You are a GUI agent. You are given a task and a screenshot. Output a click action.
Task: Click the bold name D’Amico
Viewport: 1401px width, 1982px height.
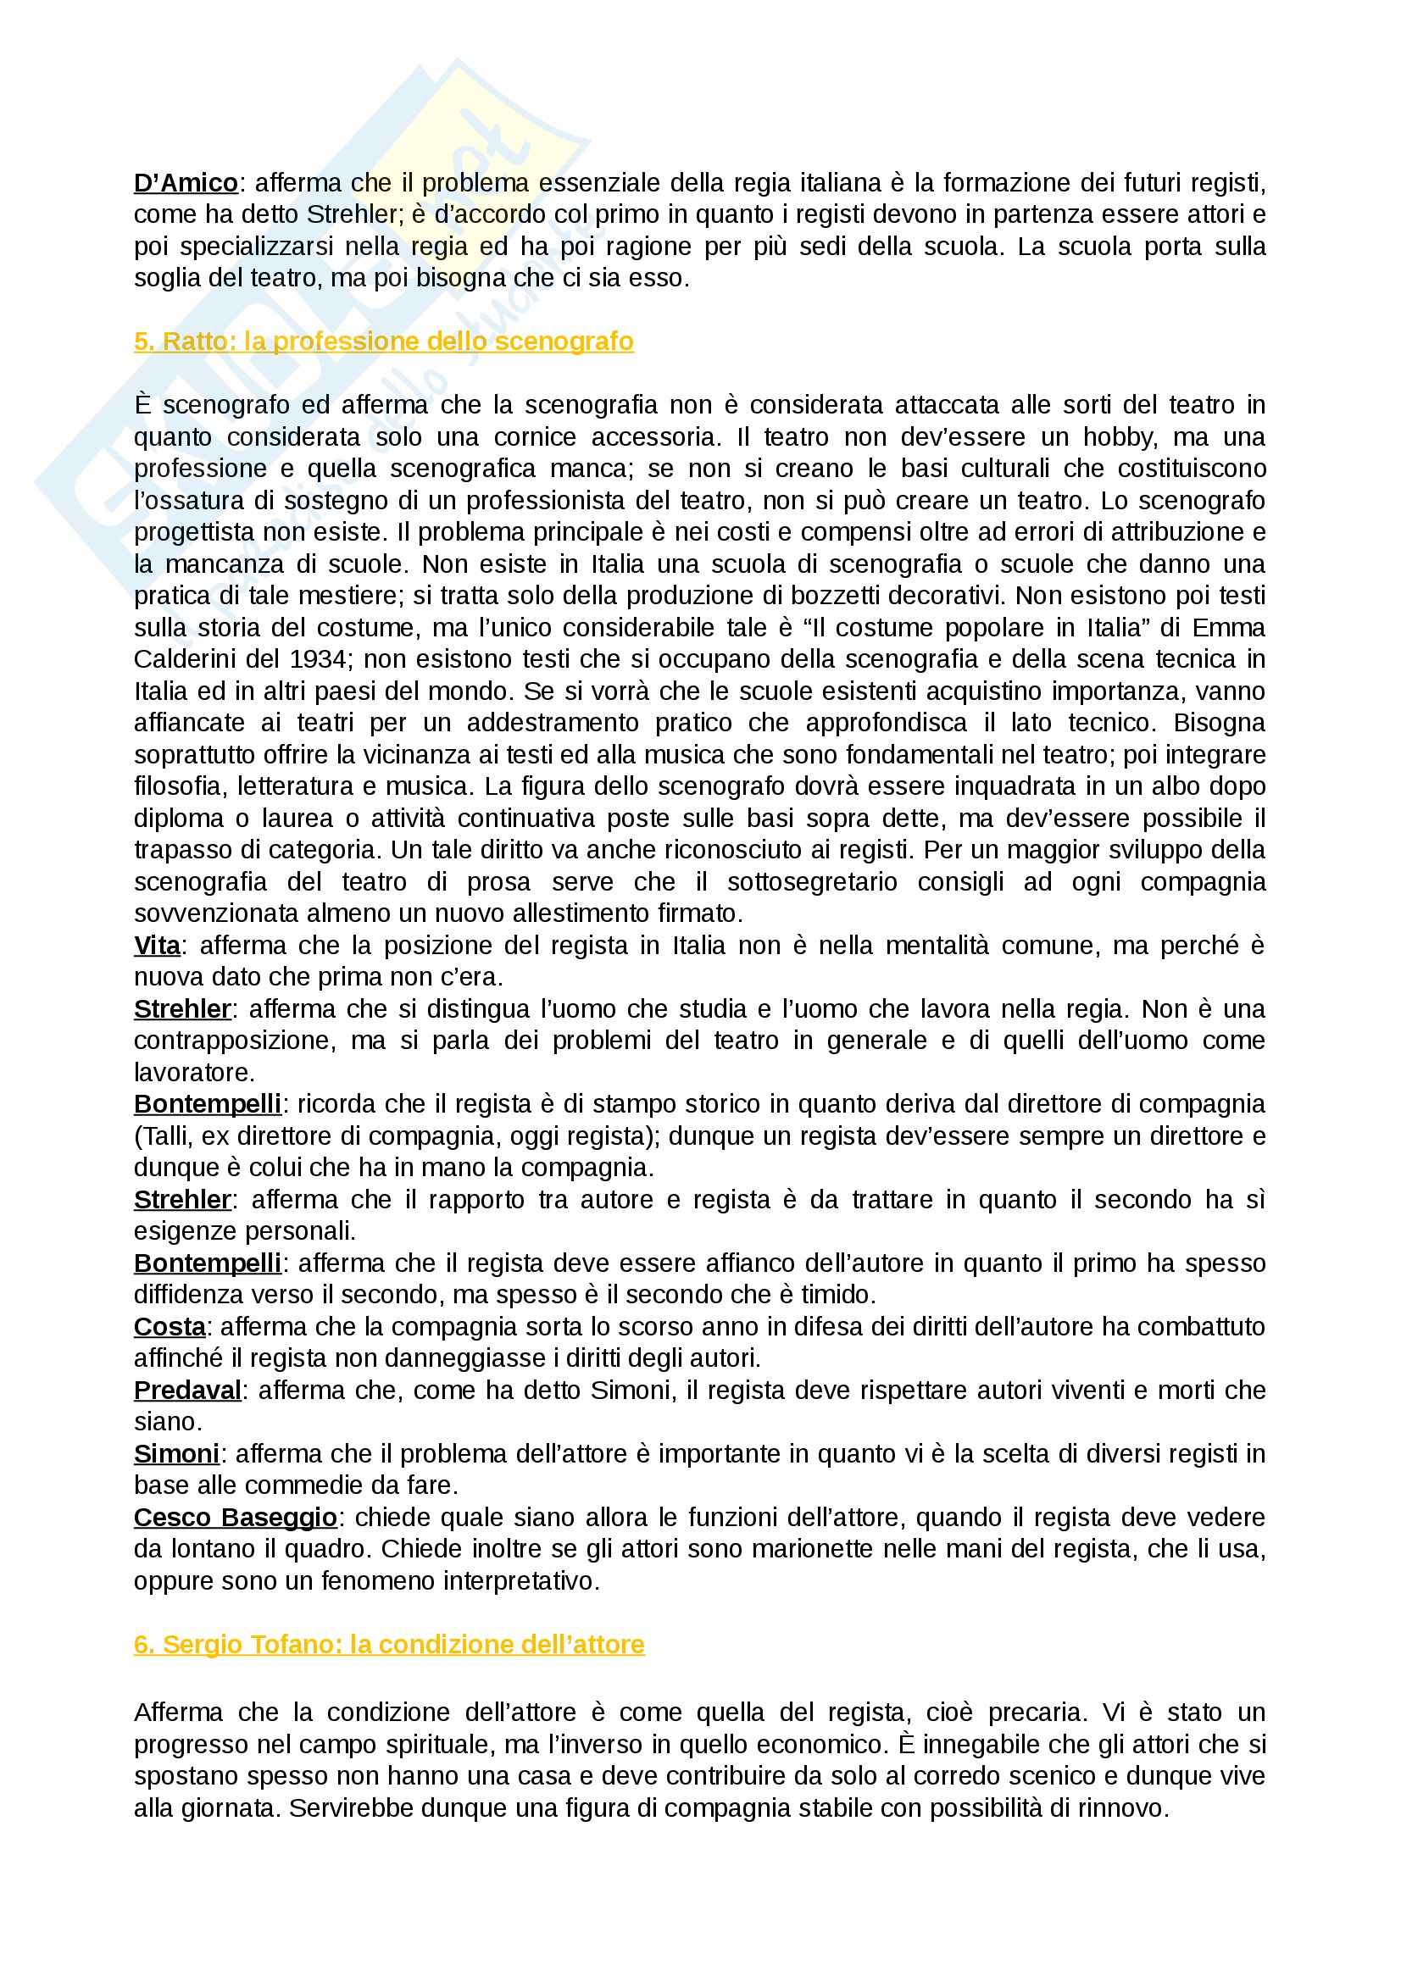[186, 183]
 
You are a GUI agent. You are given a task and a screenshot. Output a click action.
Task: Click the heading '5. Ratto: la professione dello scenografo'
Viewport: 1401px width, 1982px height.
[383, 341]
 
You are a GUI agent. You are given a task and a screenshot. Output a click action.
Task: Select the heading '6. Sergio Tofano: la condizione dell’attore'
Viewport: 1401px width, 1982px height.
[388, 1645]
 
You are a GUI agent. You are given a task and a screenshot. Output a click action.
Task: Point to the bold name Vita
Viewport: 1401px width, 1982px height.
[157, 947]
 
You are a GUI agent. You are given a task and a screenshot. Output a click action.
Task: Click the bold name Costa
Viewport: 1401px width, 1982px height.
[170, 1327]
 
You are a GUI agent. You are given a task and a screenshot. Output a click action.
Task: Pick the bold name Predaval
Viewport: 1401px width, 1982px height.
[187, 1391]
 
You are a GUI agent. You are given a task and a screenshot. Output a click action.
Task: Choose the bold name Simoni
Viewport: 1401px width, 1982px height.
[176, 1454]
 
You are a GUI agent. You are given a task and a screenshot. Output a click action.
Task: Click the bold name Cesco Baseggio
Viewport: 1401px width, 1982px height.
[235, 1518]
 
